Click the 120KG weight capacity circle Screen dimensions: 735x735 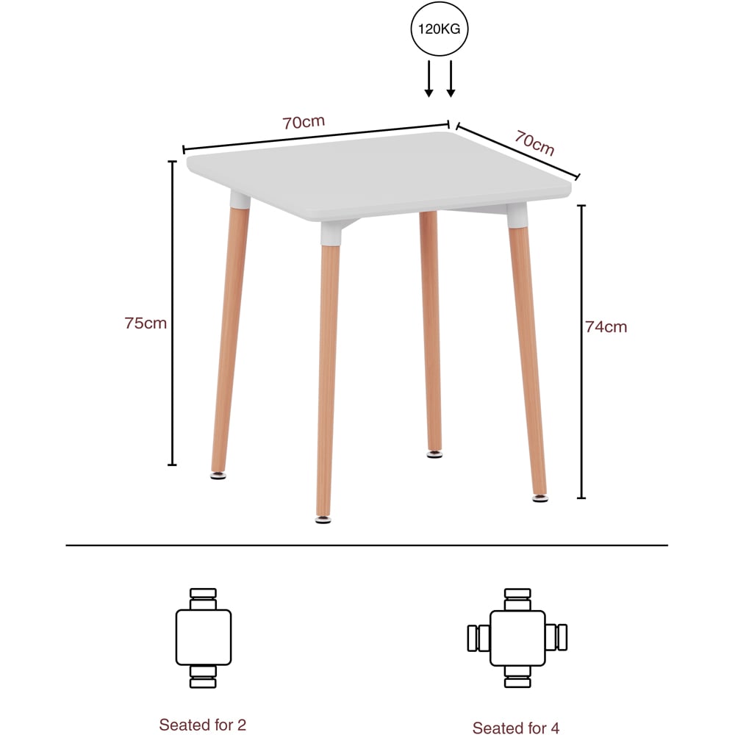pos(440,29)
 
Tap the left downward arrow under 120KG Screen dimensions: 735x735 pos(429,79)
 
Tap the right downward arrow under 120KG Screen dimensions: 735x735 pos(451,79)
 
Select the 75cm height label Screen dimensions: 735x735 pos(146,323)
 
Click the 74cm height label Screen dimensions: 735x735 pos(606,327)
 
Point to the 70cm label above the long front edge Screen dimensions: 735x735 pos(304,122)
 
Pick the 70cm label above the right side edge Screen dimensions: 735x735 pos(534,143)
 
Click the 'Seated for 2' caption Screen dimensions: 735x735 pos(203,725)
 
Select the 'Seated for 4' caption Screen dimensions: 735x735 pos(516,728)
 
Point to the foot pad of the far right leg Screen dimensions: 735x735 pos(539,498)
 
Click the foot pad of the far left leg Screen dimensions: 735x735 pos(218,476)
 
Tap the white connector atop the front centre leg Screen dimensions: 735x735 pos(331,234)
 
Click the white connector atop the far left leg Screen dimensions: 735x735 pos(240,199)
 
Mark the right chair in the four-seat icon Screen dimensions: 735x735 pos(557,637)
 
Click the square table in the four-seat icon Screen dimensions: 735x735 pos(517,637)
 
